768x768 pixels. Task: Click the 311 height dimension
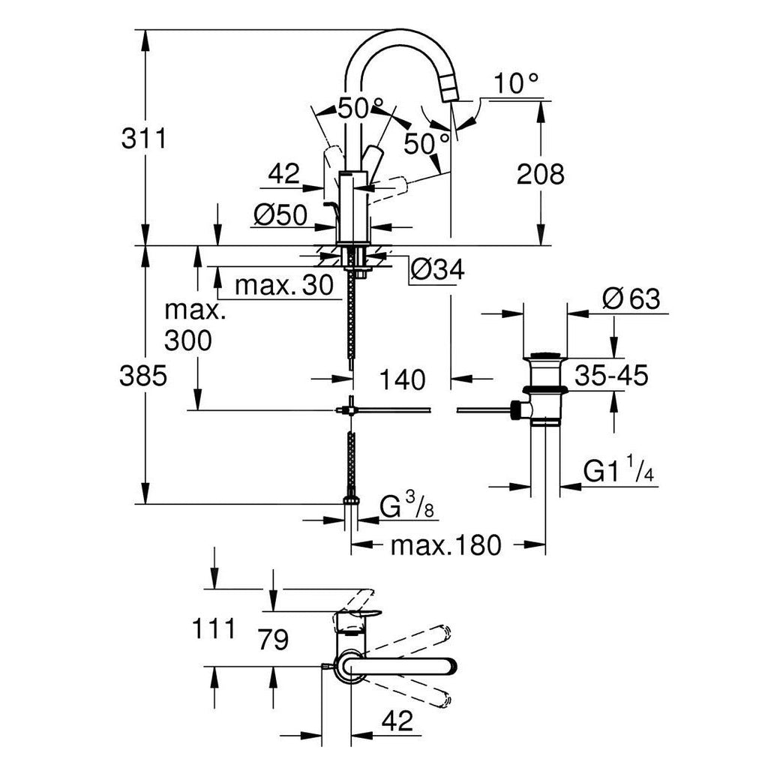[144, 139]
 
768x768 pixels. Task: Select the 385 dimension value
[143, 376]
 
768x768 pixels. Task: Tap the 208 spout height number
[541, 174]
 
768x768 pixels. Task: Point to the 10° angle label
[516, 84]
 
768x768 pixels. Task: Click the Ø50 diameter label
[281, 214]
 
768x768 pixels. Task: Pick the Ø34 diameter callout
[437, 269]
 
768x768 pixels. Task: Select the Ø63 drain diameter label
[631, 298]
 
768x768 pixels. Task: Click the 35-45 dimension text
[611, 376]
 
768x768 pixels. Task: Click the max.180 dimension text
[446, 544]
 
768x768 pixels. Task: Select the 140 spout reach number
[403, 380]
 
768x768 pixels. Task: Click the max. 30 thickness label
[284, 285]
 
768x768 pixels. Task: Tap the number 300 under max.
[188, 340]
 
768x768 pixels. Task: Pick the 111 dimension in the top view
[214, 628]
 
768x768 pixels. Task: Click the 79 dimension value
[274, 640]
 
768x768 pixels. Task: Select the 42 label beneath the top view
[397, 721]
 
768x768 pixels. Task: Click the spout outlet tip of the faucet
[451, 91]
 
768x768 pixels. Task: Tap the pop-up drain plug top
[545, 355]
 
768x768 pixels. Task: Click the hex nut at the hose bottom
[351, 499]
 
